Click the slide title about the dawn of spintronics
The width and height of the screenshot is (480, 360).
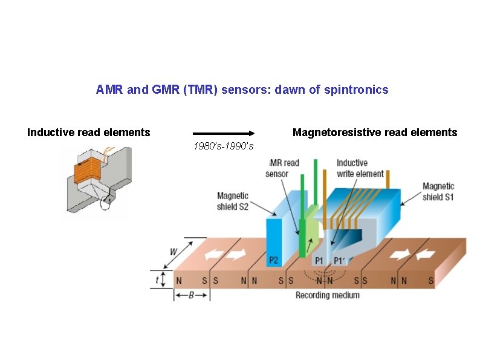tap(242, 90)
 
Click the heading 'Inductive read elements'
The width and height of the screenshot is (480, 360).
tap(89, 133)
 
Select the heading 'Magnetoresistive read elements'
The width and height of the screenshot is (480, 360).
tap(375, 133)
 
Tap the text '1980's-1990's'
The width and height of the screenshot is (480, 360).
tap(223, 146)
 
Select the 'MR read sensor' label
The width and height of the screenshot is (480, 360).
tap(282, 168)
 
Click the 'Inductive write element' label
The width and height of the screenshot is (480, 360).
tap(360, 168)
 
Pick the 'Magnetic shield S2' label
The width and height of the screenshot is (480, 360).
tap(233, 201)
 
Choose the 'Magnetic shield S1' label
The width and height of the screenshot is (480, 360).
tap(438, 192)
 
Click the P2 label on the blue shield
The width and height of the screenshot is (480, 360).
tap(274, 260)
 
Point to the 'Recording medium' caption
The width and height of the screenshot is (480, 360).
tap(327, 295)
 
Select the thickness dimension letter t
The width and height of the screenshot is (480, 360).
tap(157, 280)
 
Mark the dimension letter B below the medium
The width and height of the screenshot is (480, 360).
tap(192, 296)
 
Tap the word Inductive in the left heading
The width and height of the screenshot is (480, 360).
tap(50, 133)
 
